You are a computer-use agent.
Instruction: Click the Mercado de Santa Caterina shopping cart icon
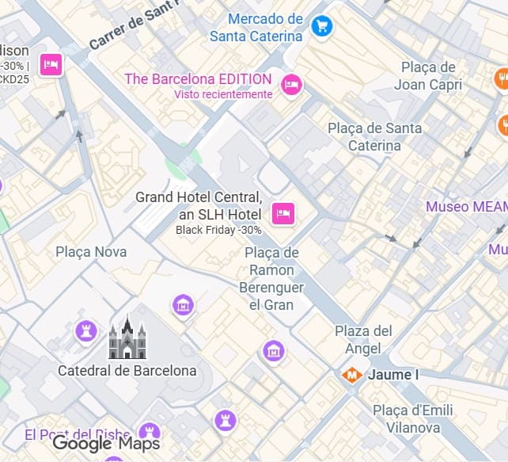pos(320,26)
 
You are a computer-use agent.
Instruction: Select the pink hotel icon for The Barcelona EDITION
pos(292,84)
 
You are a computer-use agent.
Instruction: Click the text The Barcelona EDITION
pos(198,79)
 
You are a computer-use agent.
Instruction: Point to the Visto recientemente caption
pos(223,94)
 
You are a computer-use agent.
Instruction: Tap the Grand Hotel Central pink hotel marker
pos(283,212)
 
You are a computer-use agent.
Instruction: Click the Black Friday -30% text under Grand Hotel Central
pos(218,230)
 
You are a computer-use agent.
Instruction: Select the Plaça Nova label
pos(91,252)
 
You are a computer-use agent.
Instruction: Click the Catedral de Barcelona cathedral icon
pos(127,338)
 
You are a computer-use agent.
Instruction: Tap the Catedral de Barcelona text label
pos(127,370)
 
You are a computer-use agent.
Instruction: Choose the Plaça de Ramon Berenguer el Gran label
pos(271,278)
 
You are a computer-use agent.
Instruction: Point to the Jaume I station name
pos(392,374)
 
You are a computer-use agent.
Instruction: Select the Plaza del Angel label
pos(363,339)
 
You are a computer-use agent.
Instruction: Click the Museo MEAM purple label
pos(466,207)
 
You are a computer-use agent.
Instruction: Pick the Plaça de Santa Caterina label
pos(374,136)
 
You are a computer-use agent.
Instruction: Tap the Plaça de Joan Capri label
pos(427,75)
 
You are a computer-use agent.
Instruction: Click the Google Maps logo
pos(106,444)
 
